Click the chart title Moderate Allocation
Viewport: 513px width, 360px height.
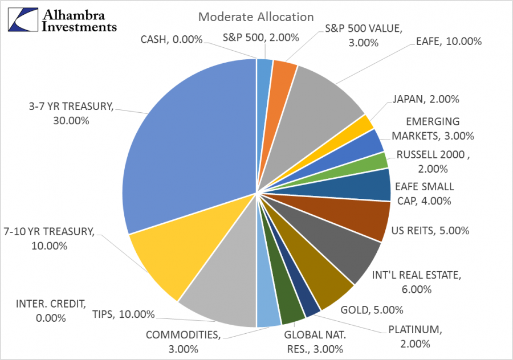[256, 17]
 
